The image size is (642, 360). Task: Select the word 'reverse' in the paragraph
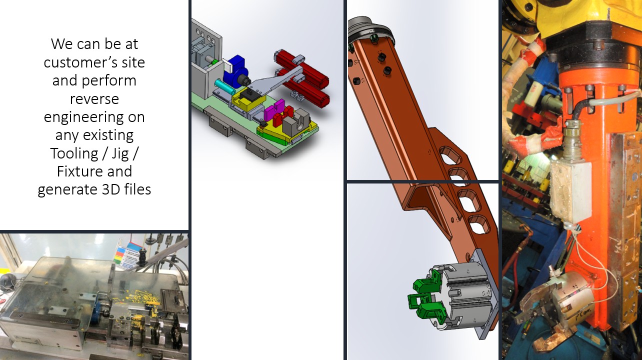click(94, 99)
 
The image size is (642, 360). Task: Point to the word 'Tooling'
click(74, 153)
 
